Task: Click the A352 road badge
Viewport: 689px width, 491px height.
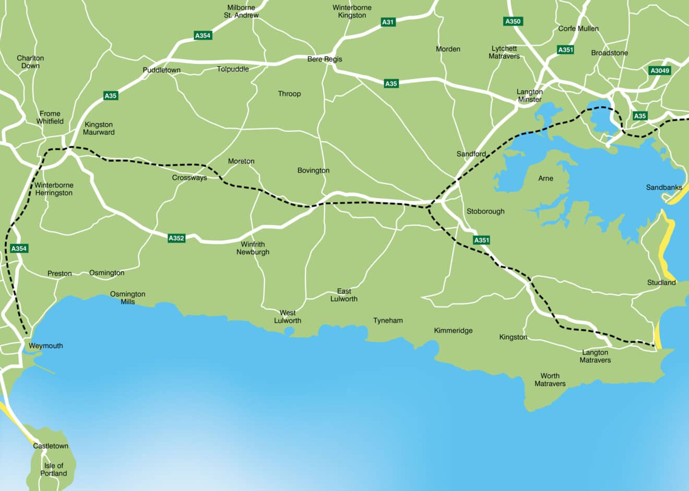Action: tap(176, 238)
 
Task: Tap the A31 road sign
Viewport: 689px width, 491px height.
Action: tap(388, 22)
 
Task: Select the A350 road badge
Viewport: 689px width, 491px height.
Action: tap(513, 21)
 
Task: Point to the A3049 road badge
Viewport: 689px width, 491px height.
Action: tap(660, 70)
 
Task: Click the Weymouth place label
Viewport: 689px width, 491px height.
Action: tap(45, 346)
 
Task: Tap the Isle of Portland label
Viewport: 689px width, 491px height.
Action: tap(54, 470)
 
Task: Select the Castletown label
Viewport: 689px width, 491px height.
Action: tap(51, 446)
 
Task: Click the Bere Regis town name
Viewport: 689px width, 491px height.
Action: tap(325, 59)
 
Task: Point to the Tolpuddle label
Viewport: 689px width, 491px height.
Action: tap(233, 69)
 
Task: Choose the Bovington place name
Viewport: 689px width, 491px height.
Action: tap(313, 170)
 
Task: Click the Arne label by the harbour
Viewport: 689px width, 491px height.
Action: tap(545, 178)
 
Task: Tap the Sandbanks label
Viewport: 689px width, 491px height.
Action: tap(664, 187)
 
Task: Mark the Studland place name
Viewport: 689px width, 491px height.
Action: tap(661, 283)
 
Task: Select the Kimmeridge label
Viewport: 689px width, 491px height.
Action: tap(453, 330)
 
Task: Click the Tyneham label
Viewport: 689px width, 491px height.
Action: tap(388, 321)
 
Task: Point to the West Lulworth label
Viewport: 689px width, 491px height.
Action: tap(288, 317)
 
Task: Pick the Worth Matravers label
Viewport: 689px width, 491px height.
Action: tap(550, 379)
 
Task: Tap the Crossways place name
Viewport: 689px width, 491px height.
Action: tap(189, 178)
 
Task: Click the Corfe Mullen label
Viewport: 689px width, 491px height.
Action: tap(578, 29)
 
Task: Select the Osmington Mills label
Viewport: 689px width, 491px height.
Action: tap(127, 298)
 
